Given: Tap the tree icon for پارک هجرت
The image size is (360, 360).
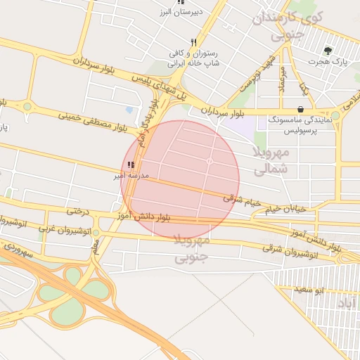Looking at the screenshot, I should pos(328,51).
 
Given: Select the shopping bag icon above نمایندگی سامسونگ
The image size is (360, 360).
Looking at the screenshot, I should pos(301,109).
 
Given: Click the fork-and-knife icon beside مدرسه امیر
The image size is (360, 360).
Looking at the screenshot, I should pos(131,165).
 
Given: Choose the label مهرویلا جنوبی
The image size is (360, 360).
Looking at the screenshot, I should pos(191,250).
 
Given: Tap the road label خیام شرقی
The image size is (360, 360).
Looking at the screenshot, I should pos(242,201).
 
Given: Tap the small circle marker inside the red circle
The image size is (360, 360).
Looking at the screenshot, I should pos(210,162).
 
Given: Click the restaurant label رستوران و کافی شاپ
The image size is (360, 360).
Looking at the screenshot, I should pos(193,58).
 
